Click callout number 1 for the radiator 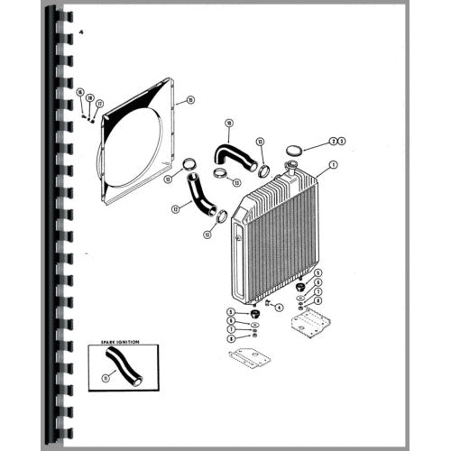(333, 164)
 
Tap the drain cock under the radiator (268, 304)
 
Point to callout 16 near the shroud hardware (79, 92)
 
